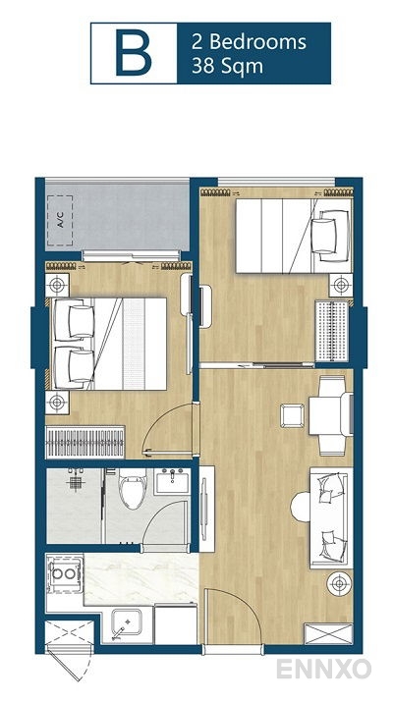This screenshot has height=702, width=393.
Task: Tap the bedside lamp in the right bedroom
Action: click(340, 285)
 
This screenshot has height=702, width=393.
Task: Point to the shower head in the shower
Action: click(75, 482)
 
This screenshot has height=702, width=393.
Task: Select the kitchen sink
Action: click(126, 621)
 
